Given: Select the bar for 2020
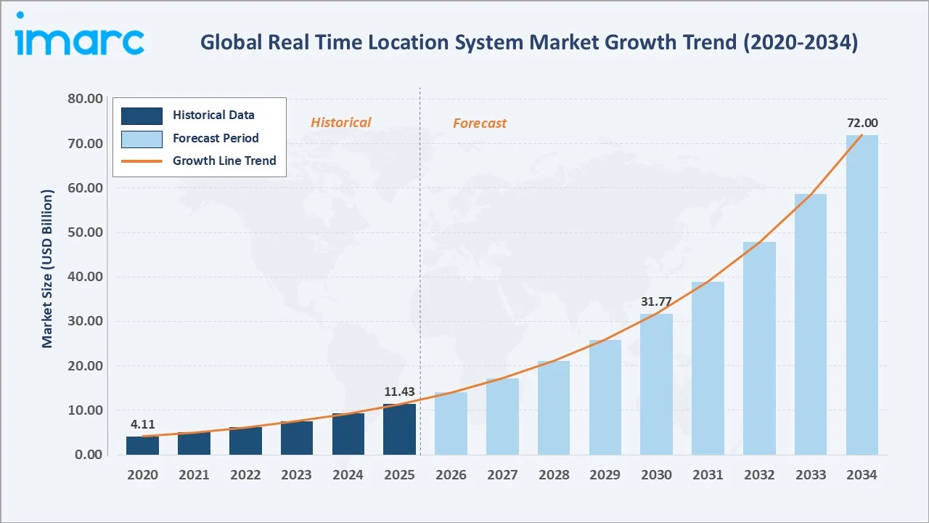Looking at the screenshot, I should pos(142,445).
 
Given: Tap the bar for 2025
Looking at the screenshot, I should pos(399,429).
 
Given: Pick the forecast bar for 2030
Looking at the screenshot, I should pos(656,384).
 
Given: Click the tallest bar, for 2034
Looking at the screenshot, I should pos(862,295).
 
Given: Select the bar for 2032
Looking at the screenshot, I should pos(759,349).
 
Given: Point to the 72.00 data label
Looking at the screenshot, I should pos(862,123).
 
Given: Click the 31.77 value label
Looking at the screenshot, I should pos(656,301).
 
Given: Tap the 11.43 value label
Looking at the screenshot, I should pos(399,392).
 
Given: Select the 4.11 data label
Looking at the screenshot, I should pos(142,424).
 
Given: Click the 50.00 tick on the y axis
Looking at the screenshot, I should pos(84,232).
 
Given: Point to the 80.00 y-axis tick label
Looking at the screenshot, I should pos(84,99).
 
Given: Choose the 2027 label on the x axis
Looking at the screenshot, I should pos(502,475).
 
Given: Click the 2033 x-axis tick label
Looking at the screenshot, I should pos(811,475).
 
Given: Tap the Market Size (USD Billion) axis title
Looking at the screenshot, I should pos(48,269).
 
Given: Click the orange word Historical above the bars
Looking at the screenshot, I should pos(340,123).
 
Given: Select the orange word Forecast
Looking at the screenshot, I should pos(480,123).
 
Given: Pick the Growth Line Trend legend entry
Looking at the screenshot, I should pos(224,161).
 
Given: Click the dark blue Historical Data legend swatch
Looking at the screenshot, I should pos(142,115).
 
